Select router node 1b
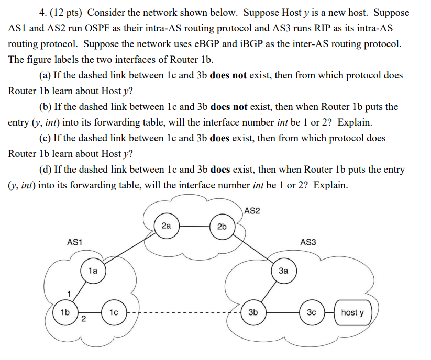[x=65, y=312]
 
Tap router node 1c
[x=114, y=312]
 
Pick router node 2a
[x=166, y=226]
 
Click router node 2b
[x=222, y=226]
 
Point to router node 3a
[x=283, y=271]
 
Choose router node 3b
[x=253, y=312]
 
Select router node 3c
[x=312, y=312]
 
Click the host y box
[x=352, y=312]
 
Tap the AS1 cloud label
[x=75, y=242]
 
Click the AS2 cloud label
[x=252, y=211]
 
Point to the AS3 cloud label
[x=308, y=242]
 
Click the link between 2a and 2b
[x=194, y=227]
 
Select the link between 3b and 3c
[x=282, y=313]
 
